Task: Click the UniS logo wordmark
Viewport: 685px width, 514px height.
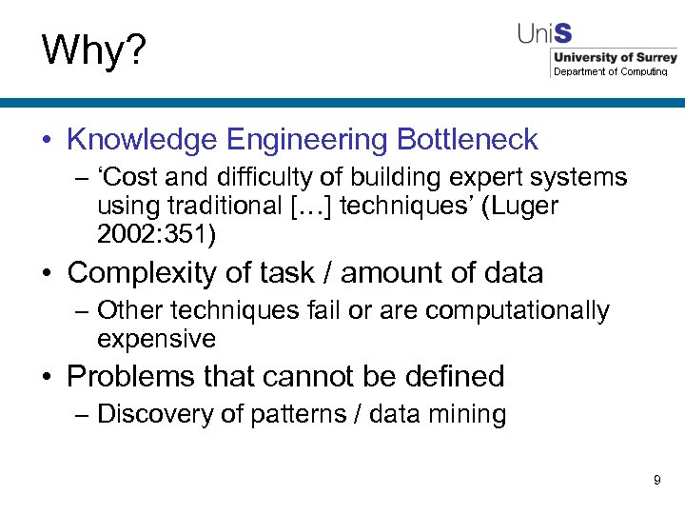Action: tap(545, 34)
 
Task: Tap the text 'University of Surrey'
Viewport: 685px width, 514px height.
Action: tap(614, 58)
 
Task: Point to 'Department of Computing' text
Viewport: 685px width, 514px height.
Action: tap(611, 71)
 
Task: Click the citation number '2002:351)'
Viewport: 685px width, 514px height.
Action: tap(157, 233)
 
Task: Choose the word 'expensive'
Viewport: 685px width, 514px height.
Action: tap(156, 339)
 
